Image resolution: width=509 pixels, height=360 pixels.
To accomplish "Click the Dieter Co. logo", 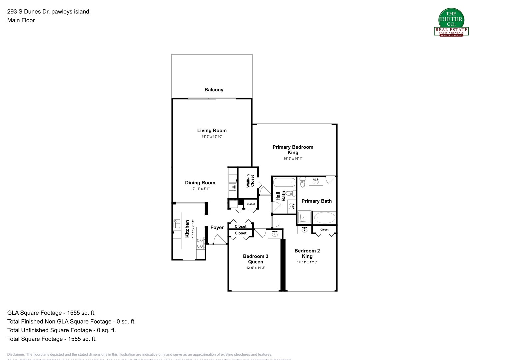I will [x=451, y=22].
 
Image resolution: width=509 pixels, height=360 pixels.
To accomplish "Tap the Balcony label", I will [x=214, y=90].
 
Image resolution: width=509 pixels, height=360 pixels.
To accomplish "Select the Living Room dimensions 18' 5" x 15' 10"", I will [x=212, y=137].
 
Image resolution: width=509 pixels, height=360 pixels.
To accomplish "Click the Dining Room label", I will [x=200, y=183].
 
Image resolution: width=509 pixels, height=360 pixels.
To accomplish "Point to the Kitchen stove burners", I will [x=200, y=243].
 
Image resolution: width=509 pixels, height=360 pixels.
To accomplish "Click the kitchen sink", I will [x=177, y=223].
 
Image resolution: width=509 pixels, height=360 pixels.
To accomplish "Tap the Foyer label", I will [x=217, y=228].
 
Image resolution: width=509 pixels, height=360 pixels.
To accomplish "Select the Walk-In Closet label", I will [x=250, y=181].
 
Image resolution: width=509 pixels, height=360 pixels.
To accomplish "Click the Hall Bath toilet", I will [x=291, y=193].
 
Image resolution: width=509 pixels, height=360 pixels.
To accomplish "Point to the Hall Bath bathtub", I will [x=284, y=183].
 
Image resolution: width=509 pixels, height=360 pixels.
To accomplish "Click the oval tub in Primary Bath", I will [x=324, y=218].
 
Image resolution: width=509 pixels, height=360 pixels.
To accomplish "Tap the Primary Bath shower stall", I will [x=304, y=217].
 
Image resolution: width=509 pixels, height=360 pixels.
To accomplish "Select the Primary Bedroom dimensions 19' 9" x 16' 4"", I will [x=293, y=159].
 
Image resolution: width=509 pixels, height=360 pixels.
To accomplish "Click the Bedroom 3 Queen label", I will [x=255, y=259].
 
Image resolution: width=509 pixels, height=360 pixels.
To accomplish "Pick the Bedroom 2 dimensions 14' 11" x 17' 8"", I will [x=307, y=262].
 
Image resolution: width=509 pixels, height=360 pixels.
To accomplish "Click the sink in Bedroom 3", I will [x=275, y=234].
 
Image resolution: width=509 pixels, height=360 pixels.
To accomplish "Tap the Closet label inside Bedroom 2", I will [x=324, y=230].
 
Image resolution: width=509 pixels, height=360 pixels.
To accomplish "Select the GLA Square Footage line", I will [x=51, y=313].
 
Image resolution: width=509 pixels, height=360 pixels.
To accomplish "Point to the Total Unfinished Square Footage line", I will [x=61, y=330].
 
